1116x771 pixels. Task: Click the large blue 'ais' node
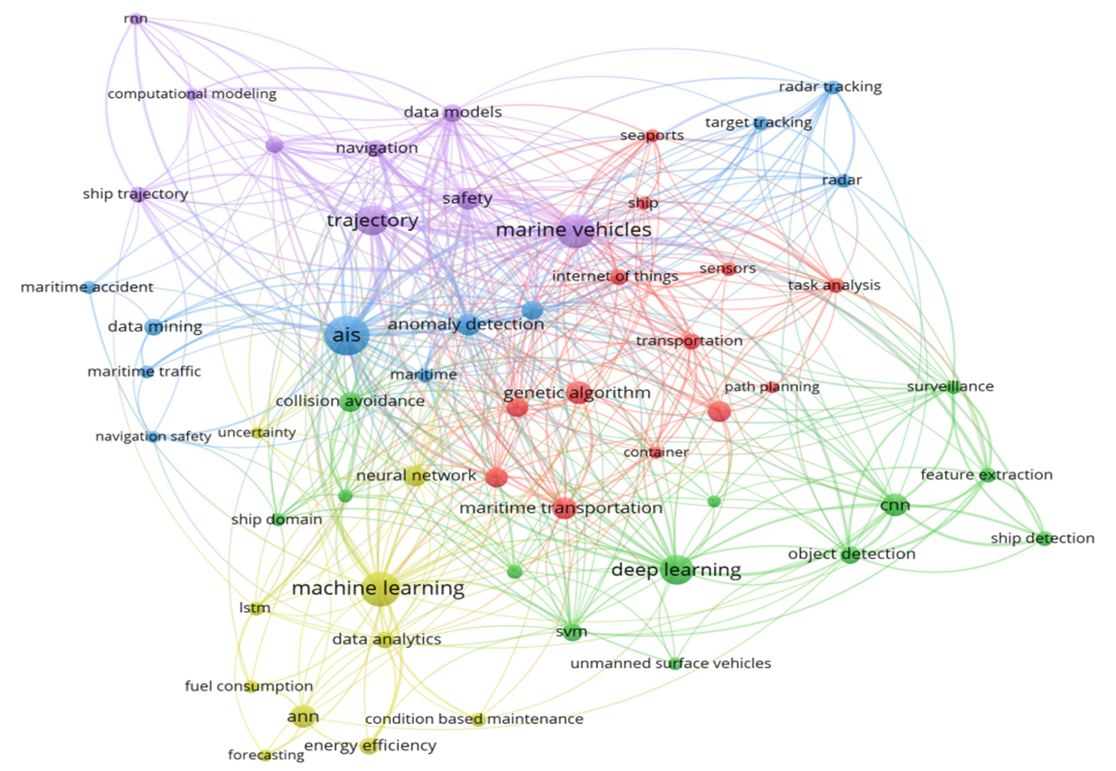click(347, 335)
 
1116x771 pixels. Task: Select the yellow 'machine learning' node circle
click(380, 588)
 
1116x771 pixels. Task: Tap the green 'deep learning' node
click(677, 569)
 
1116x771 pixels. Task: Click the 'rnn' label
click(136, 19)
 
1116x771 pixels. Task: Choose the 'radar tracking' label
click(830, 86)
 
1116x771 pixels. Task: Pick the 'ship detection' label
click(1042, 538)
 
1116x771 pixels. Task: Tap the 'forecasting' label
click(266, 755)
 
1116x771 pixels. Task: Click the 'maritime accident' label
click(87, 287)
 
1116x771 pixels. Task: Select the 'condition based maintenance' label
click(474, 719)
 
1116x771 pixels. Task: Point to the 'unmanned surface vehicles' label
click(670, 664)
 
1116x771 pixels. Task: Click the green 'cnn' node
click(895, 505)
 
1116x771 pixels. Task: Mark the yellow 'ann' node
click(303, 716)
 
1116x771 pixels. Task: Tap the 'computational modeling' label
click(192, 94)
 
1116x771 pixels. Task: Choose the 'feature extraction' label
click(986, 474)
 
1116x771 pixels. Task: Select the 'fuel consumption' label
click(249, 686)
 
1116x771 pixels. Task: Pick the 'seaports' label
click(652, 135)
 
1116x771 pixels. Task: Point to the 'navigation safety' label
click(153, 436)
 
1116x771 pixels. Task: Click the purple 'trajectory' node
click(373, 221)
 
